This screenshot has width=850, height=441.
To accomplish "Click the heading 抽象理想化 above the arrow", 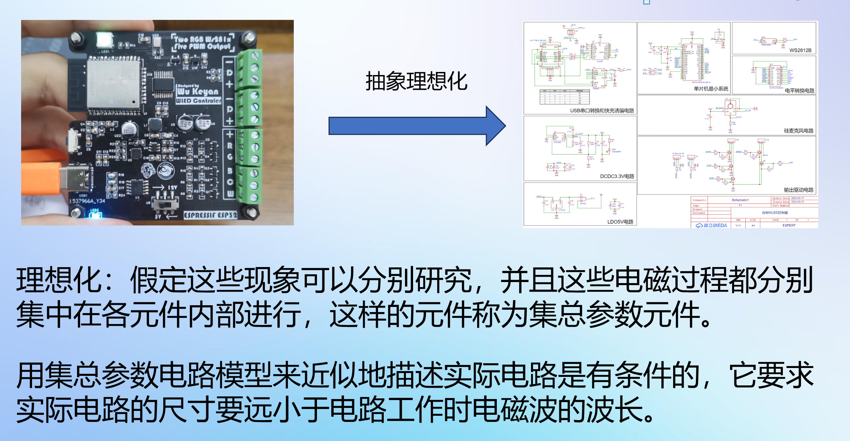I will click(x=416, y=82).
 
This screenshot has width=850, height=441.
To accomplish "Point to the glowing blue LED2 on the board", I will click(x=95, y=215).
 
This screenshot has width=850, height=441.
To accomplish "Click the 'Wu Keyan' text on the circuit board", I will click(x=198, y=91).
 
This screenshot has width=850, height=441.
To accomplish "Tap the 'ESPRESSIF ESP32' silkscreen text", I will click(x=210, y=215).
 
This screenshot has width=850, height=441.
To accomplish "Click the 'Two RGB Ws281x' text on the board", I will click(x=202, y=39).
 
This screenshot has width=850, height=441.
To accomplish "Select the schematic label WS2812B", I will click(x=800, y=50).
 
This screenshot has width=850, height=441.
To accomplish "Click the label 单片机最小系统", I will click(x=711, y=89).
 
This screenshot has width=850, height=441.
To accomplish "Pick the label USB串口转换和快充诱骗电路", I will click(x=602, y=111).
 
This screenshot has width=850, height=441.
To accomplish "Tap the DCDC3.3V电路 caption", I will click(x=617, y=176).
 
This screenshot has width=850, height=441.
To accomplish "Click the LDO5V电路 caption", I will click(x=620, y=222).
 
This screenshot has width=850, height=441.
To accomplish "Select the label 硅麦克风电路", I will click(x=799, y=131).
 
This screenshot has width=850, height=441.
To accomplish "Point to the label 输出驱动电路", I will click(x=799, y=190).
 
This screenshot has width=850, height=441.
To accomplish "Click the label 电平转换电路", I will click(x=799, y=90).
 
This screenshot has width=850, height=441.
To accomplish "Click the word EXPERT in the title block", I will click(x=789, y=225).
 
